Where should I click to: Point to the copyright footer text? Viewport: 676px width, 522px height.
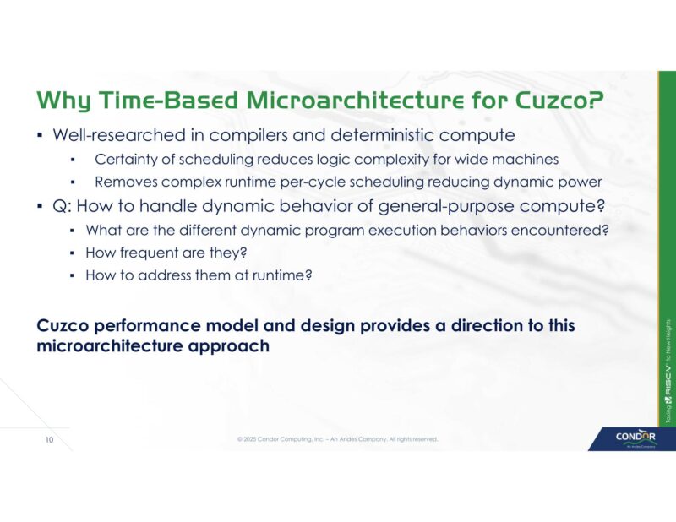[x=338, y=439]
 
